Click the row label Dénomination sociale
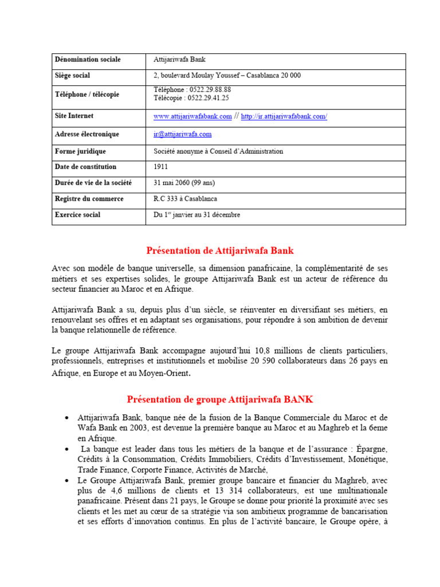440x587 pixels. (x=87, y=60)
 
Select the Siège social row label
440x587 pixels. (x=72, y=76)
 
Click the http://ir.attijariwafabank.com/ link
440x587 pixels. (x=284, y=116)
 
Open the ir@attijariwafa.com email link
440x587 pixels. (x=183, y=134)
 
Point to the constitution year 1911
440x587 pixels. (x=161, y=167)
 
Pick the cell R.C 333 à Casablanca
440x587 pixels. (x=185, y=199)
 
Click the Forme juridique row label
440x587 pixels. (x=80, y=151)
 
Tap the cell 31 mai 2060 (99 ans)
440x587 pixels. (x=184, y=183)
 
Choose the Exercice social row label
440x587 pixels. (x=77, y=215)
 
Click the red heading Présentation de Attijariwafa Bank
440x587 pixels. (x=220, y=251)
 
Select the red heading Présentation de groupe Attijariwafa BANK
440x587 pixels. (x=220, y=399)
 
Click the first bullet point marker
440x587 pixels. (x=67, y=417)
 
